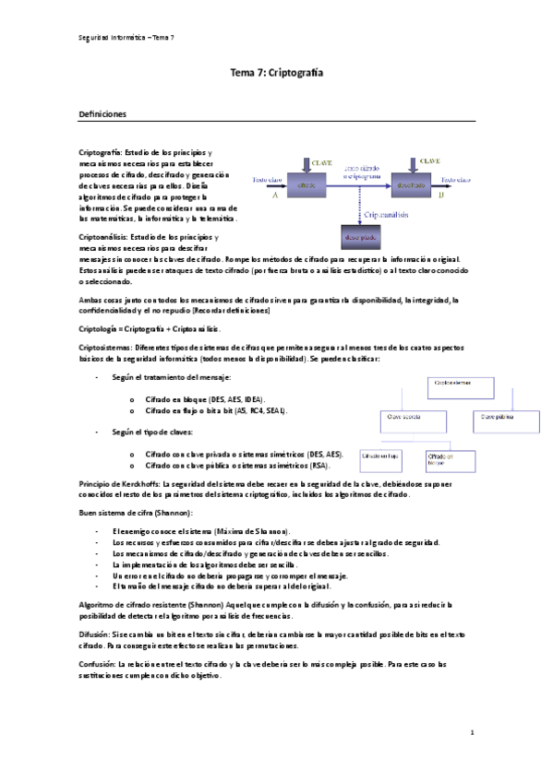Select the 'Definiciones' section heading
(x=109, y=114)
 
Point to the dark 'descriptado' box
(x=359, y=237)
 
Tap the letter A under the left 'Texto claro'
(x=274, y=195)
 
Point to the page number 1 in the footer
(x=472, y=733)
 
